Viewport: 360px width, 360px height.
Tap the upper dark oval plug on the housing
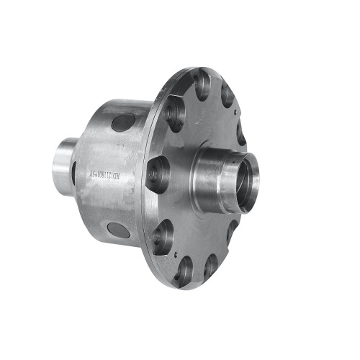123,122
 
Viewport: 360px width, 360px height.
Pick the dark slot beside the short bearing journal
74,173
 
